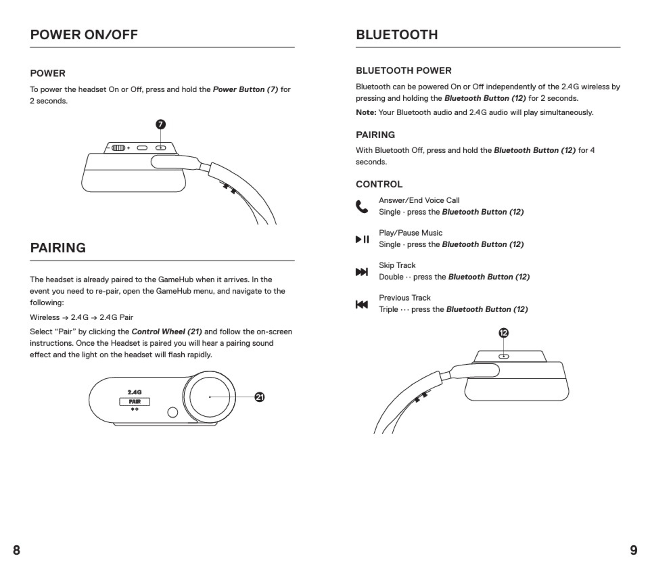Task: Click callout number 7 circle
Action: point(161,124)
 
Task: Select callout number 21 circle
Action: point(259,397)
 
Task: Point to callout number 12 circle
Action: point(504,333)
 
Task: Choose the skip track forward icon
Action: point(362,272)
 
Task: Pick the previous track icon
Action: point(362,304)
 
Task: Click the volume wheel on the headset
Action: point(118,148)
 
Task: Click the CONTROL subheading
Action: point(379,184)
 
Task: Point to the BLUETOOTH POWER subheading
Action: point(404,71)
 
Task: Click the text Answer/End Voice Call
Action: point(419,200)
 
